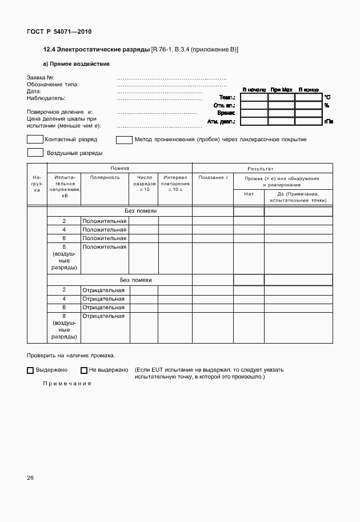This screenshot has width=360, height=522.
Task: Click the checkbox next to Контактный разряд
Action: coord(35,139)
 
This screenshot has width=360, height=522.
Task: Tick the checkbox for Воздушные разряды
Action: coord(35,153)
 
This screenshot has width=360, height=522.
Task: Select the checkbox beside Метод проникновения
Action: coord(124,139)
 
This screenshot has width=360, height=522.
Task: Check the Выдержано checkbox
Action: coord(30,370)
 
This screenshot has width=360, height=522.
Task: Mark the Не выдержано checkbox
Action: coord(84,370)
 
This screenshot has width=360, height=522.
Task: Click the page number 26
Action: coord(31,477)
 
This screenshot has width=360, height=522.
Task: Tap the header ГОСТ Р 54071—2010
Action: coord(59,31)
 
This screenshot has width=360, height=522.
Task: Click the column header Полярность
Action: coord(105,178)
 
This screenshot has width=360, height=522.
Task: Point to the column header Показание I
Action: coord(213,178)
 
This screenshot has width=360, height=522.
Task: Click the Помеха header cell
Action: coord(119,168)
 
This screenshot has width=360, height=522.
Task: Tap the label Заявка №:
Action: coord(41,77)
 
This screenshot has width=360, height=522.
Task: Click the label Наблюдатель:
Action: coord(46,98)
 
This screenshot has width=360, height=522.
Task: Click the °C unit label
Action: coord(327,97)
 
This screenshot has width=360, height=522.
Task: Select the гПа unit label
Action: coord(329,121)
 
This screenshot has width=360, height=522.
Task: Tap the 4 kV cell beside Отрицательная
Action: coord(64,298)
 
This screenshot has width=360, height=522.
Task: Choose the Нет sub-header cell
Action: coord(249,194)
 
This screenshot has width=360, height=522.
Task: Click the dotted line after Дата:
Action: coord(159,91)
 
